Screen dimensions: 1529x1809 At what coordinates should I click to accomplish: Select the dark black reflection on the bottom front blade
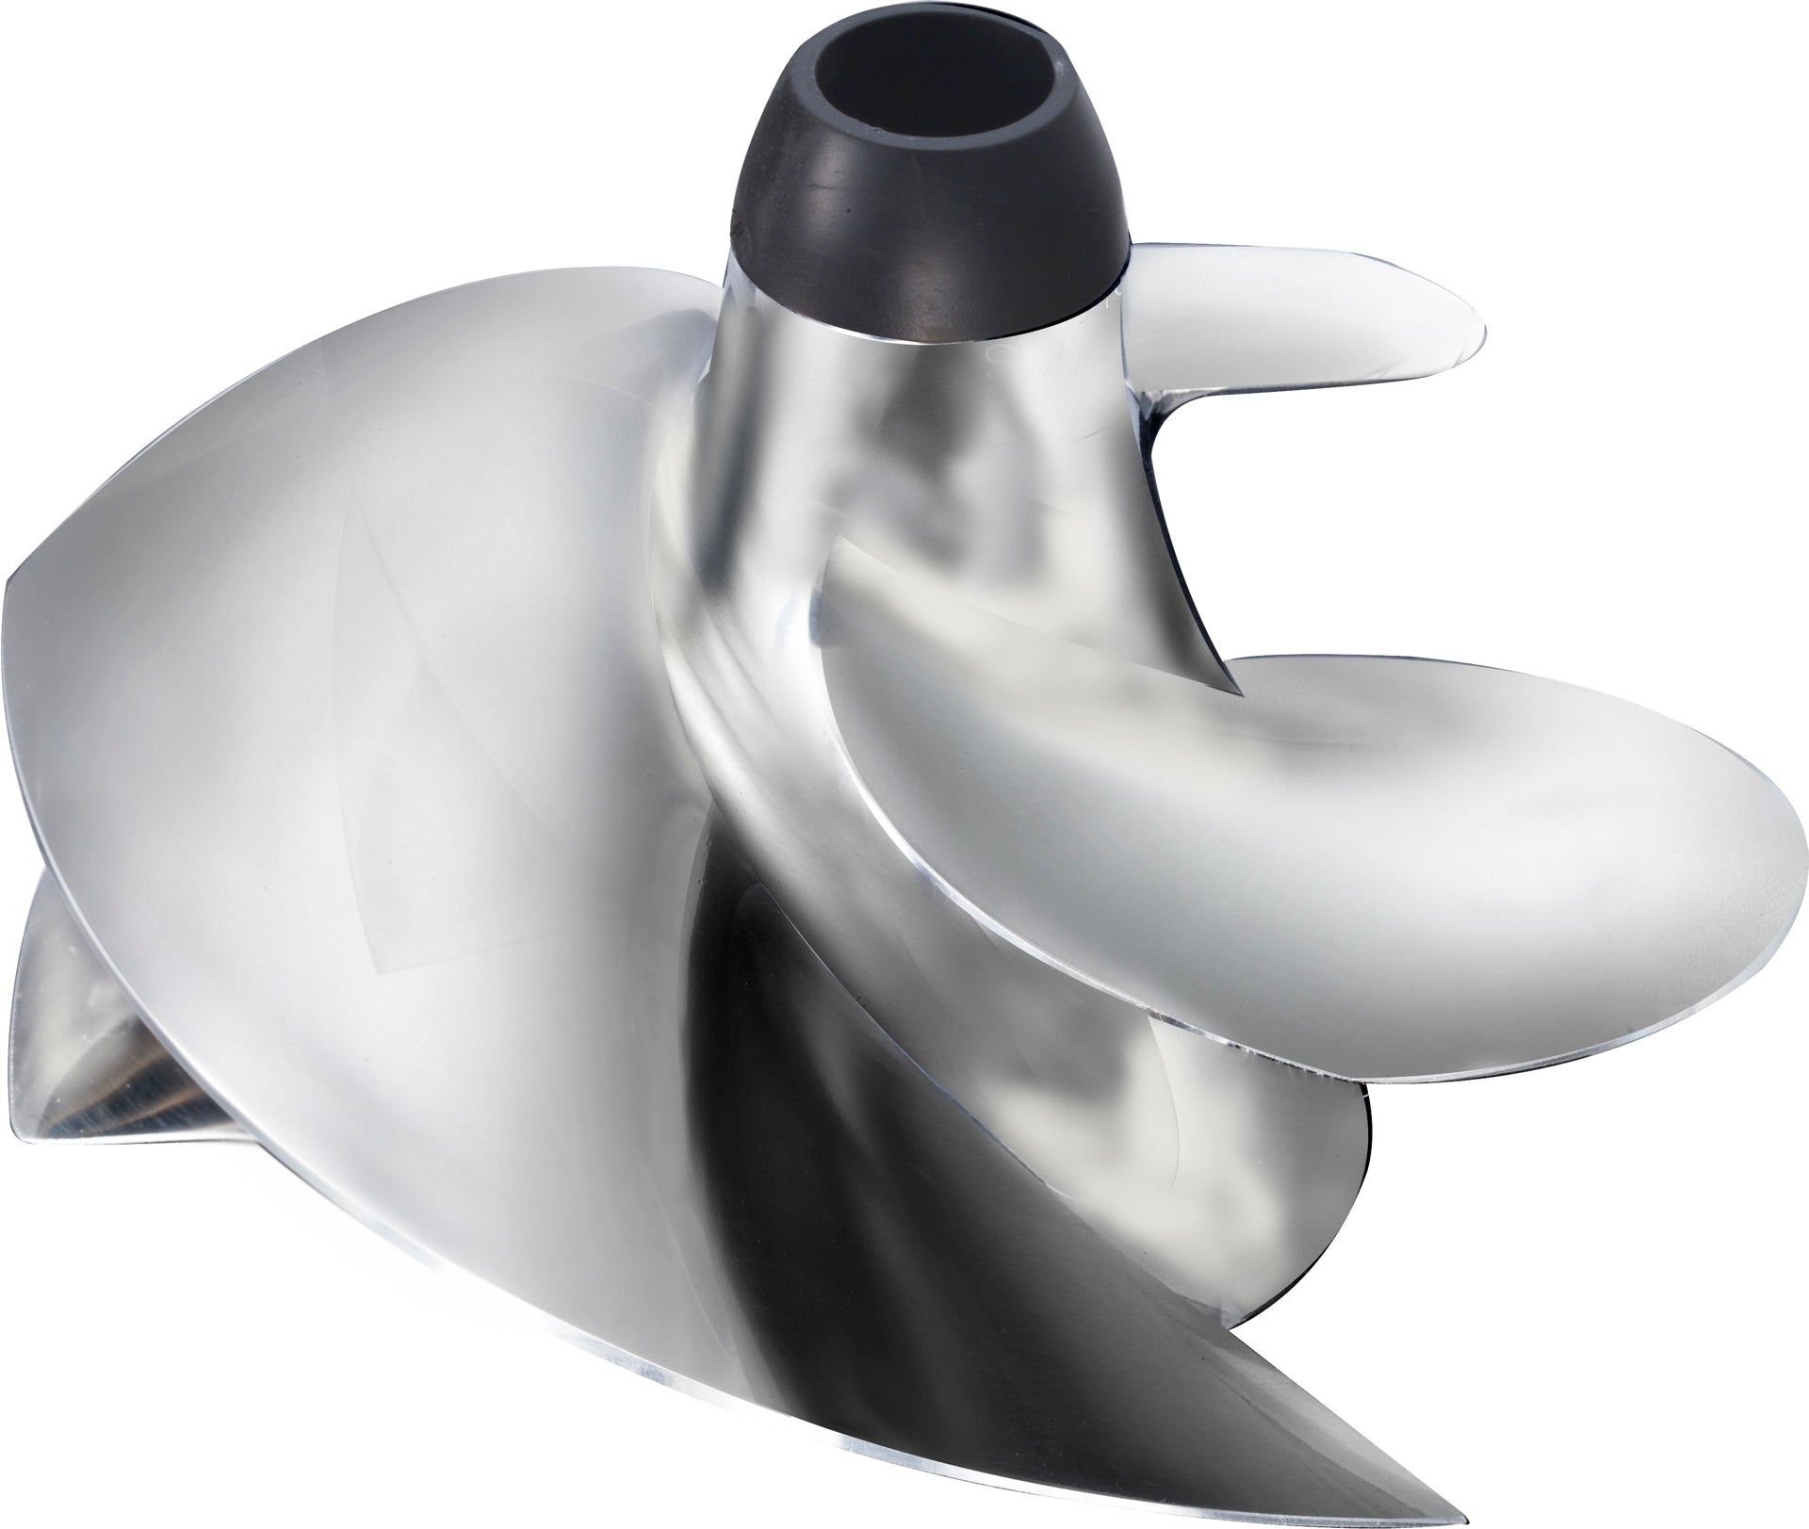click(773, 1178)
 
